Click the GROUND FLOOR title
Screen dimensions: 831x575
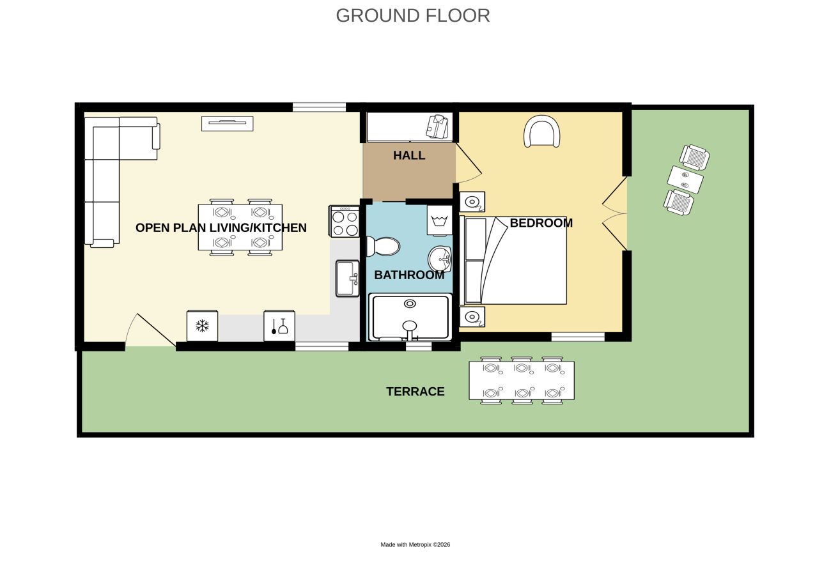point(412,16)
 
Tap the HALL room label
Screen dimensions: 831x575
point(409,155)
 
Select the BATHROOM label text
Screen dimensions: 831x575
point(409,275)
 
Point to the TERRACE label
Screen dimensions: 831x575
point(415,392)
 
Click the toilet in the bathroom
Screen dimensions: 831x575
point(383,247)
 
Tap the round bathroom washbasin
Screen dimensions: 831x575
point(440,259)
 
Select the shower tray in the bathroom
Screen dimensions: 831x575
point(410,318)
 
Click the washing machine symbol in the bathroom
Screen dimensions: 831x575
point(440,220)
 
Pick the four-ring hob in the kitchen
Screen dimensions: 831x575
point(345,221)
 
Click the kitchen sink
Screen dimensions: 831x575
point(347,279)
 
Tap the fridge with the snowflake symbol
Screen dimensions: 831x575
point(202,326)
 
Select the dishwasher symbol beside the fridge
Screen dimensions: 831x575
point(279,326)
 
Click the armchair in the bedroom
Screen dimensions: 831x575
point(541,132)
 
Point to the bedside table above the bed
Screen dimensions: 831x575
point(472,202)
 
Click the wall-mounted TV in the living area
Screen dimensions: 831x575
point(228,124)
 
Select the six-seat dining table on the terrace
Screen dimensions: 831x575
point(522,380)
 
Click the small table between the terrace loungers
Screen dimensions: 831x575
point(685,180)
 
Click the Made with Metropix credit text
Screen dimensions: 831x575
point(415,544)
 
